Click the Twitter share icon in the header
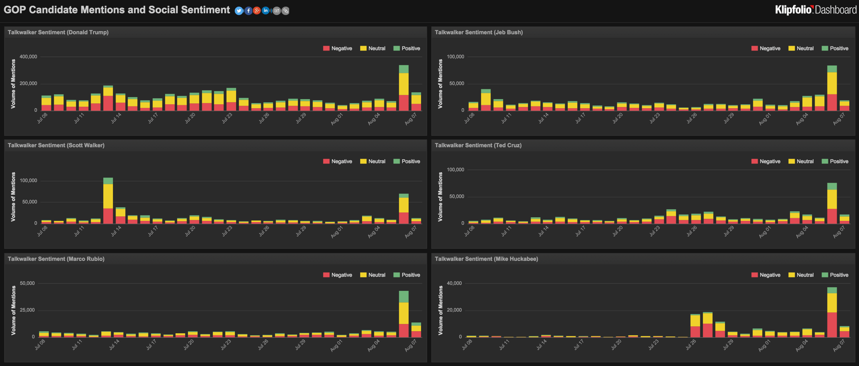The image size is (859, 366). [x=239, y=11]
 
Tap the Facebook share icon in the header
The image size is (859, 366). [x=248, y=11]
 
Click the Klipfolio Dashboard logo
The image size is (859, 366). [x=815, y=10]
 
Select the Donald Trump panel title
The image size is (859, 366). [x=58, y=32]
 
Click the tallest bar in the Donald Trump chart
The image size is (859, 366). [x=404, y=88]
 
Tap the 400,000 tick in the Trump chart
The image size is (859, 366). [x=28, y=57]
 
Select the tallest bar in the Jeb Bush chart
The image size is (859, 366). [x=832, y=88]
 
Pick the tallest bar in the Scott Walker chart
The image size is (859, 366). [x=108, y=201]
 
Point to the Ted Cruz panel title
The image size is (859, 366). [x=478, y=145]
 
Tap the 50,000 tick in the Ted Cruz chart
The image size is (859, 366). [x=455, y=197]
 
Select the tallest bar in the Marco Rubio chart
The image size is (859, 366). [x=404, y=314]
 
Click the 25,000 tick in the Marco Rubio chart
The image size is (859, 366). [x=27, y=310]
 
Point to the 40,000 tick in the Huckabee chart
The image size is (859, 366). [x=454, y=283]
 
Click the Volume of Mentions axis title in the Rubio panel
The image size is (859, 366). [x=13, y=310]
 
